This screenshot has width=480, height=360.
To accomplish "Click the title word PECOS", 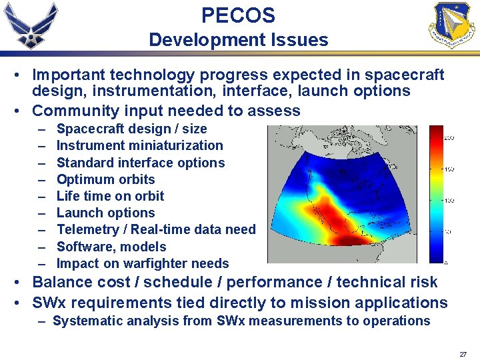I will pos(238,15).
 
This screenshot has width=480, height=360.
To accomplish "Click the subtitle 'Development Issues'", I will pos(239,40).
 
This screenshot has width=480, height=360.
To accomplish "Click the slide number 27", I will pos(463,353).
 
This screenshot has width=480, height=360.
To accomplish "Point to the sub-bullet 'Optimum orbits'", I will pos(105,179).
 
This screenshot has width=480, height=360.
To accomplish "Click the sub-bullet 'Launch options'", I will pos(105,213).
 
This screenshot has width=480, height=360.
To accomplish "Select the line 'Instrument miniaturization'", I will pos(139,145).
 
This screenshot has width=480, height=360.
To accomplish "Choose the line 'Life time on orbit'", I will pos(110,196).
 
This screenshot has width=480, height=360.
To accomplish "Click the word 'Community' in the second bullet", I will pos(73,111).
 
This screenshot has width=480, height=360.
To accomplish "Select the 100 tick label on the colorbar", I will pos(449,200).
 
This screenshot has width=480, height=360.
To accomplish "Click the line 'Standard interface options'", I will pos(141,163).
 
